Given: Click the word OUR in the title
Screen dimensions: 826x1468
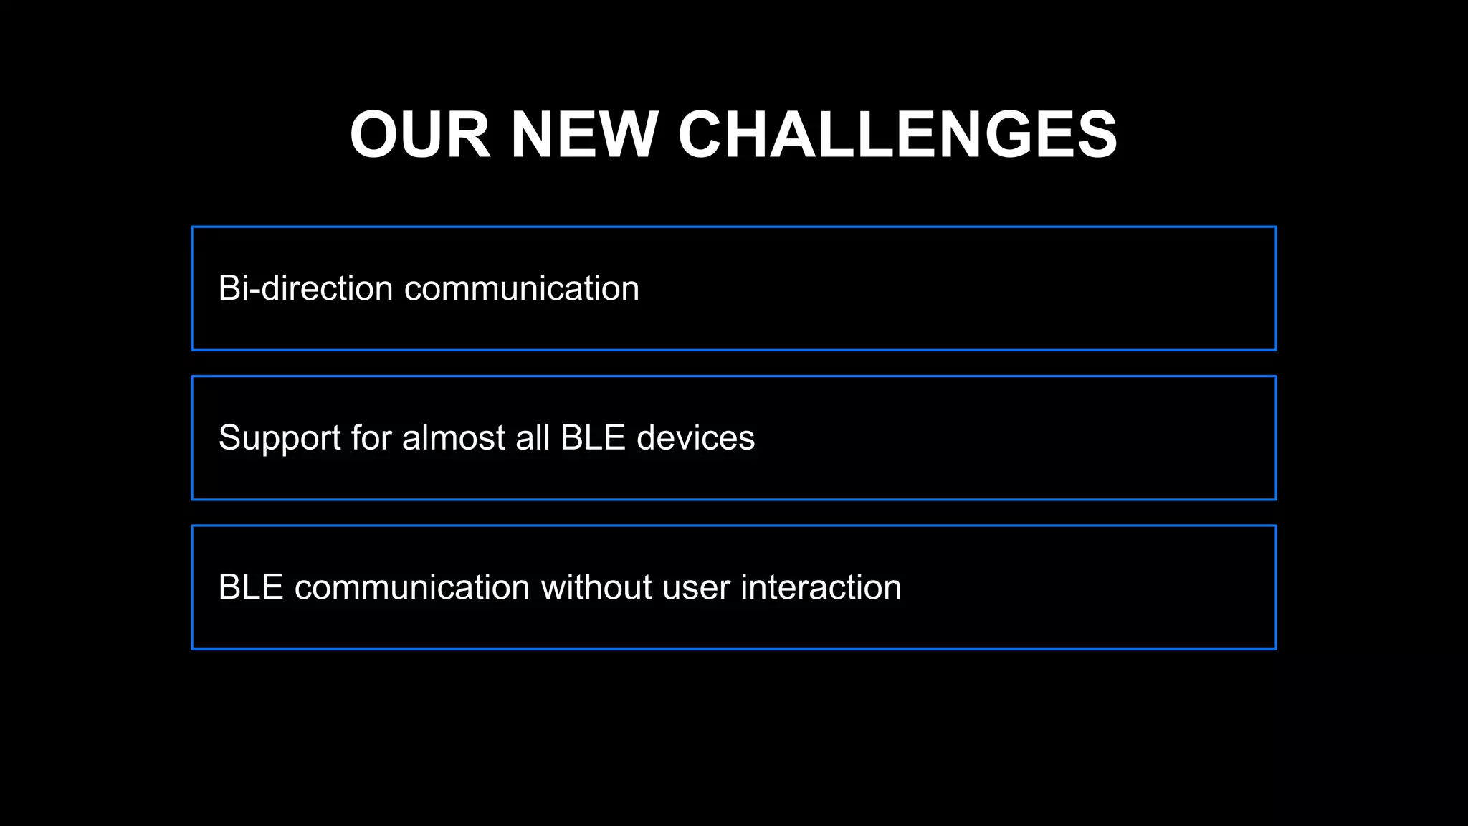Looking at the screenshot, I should (x=420, y=135).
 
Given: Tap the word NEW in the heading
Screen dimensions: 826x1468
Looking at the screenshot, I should (x=583, y=135).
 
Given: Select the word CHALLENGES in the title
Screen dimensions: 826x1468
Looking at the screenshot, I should (x=897, y=135).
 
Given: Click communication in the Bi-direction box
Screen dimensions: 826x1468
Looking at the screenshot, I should (x=522, y=288).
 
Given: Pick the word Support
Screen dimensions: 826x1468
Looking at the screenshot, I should (x=280, y=438).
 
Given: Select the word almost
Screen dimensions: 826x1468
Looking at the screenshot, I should (x=454, y=438).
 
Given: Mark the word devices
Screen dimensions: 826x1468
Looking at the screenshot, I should (x=695, y=438).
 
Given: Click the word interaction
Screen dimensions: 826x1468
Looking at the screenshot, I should (x=821, y=587).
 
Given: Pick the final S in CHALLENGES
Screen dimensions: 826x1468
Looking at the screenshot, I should (x=1095, y=135).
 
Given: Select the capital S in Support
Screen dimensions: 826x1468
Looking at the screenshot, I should (x=230, y=438).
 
